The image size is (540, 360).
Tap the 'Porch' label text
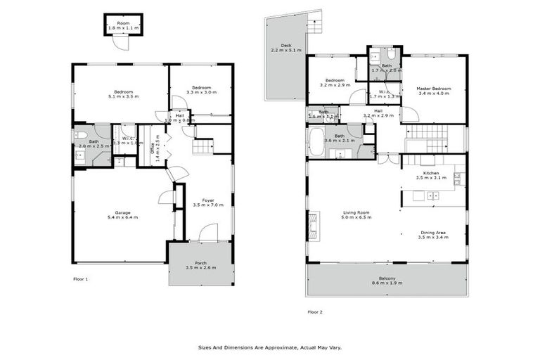pyautogui.click(x=200, y=263)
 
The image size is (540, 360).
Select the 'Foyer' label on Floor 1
pyautogui.click(x=208, y=200)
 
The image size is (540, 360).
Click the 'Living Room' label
pyautogui.click(x=356, y=212)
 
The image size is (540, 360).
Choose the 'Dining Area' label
pyautogui.click(x=433, y=233)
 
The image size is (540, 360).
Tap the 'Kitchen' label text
pyautogui.click(x=431, y=172)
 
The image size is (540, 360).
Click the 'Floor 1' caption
pyautogui.click(x=81, y=279)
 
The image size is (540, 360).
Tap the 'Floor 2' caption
pyautogui.click(x=315, y=311)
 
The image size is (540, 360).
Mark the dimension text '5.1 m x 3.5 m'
pyautogui.click(x=120, y=96)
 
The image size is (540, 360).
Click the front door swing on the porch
pyautogui.click(x=209, y=232)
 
